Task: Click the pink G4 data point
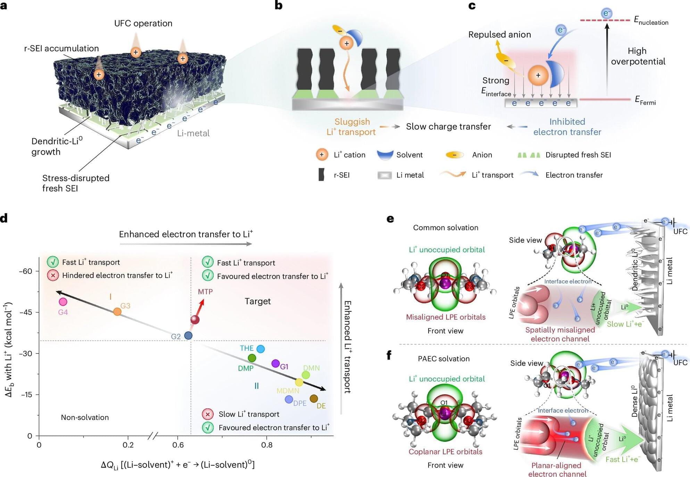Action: [x=63, y=302]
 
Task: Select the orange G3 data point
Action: [x=118, y=312]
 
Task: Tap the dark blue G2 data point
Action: [x=188, y=335]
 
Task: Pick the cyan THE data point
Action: [x=260, y=349]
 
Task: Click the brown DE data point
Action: [x=314, y=399]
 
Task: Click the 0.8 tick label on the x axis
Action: [x=267, y=445]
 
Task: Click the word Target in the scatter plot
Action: [x=257, y=301]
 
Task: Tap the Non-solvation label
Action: [x=85, y=417]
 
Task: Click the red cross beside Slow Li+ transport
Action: [x=208, y=414]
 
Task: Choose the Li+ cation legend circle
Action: [x=322, y=155]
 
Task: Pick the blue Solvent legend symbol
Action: [x=385, y=155]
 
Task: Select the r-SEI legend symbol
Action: [x=322, y=175]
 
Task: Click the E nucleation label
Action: [x=651, y=21]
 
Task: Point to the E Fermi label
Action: [x=645, y=100]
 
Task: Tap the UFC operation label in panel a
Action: [x=143, y=23]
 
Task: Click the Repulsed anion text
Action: [x=499, y=35]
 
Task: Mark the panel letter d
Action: [x=4, y=219]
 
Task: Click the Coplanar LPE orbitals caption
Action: [x=445, y=452]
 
